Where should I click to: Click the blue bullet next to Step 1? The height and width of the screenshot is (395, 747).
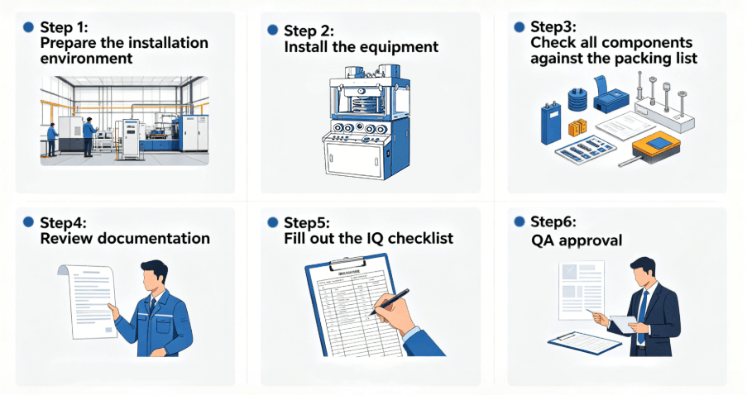coord(28,26)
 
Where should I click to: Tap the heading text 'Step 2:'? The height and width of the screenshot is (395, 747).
coord(309,31)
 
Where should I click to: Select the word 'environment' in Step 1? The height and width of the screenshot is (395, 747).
coord(86,59)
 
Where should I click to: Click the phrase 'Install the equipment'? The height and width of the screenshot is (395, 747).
coord(361,47)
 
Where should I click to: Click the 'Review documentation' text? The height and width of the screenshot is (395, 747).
coord(125,239)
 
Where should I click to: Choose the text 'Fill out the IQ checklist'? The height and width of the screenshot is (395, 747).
coord(368,240)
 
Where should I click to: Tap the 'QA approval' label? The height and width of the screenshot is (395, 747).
coord(577,240)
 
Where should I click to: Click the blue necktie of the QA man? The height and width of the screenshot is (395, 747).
coord(641,307)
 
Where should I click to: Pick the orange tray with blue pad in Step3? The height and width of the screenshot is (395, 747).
coord(657,146)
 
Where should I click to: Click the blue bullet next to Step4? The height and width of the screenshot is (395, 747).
coord(28,221)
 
